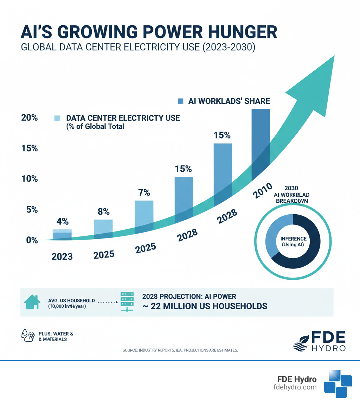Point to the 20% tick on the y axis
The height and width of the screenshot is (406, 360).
point(29,118)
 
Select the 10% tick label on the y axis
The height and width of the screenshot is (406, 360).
point(29,179)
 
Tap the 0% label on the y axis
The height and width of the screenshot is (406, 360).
point(31,240)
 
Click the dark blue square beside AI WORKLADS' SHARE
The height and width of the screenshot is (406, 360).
point(180,101)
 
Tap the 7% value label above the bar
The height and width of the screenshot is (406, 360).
point(144,192)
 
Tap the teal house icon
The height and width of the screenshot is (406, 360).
point(31,302)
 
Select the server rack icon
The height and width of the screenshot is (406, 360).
point(127,302)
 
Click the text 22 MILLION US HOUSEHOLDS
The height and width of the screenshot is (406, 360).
point(208,306)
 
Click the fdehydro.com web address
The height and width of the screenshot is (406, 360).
point(295,387)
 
